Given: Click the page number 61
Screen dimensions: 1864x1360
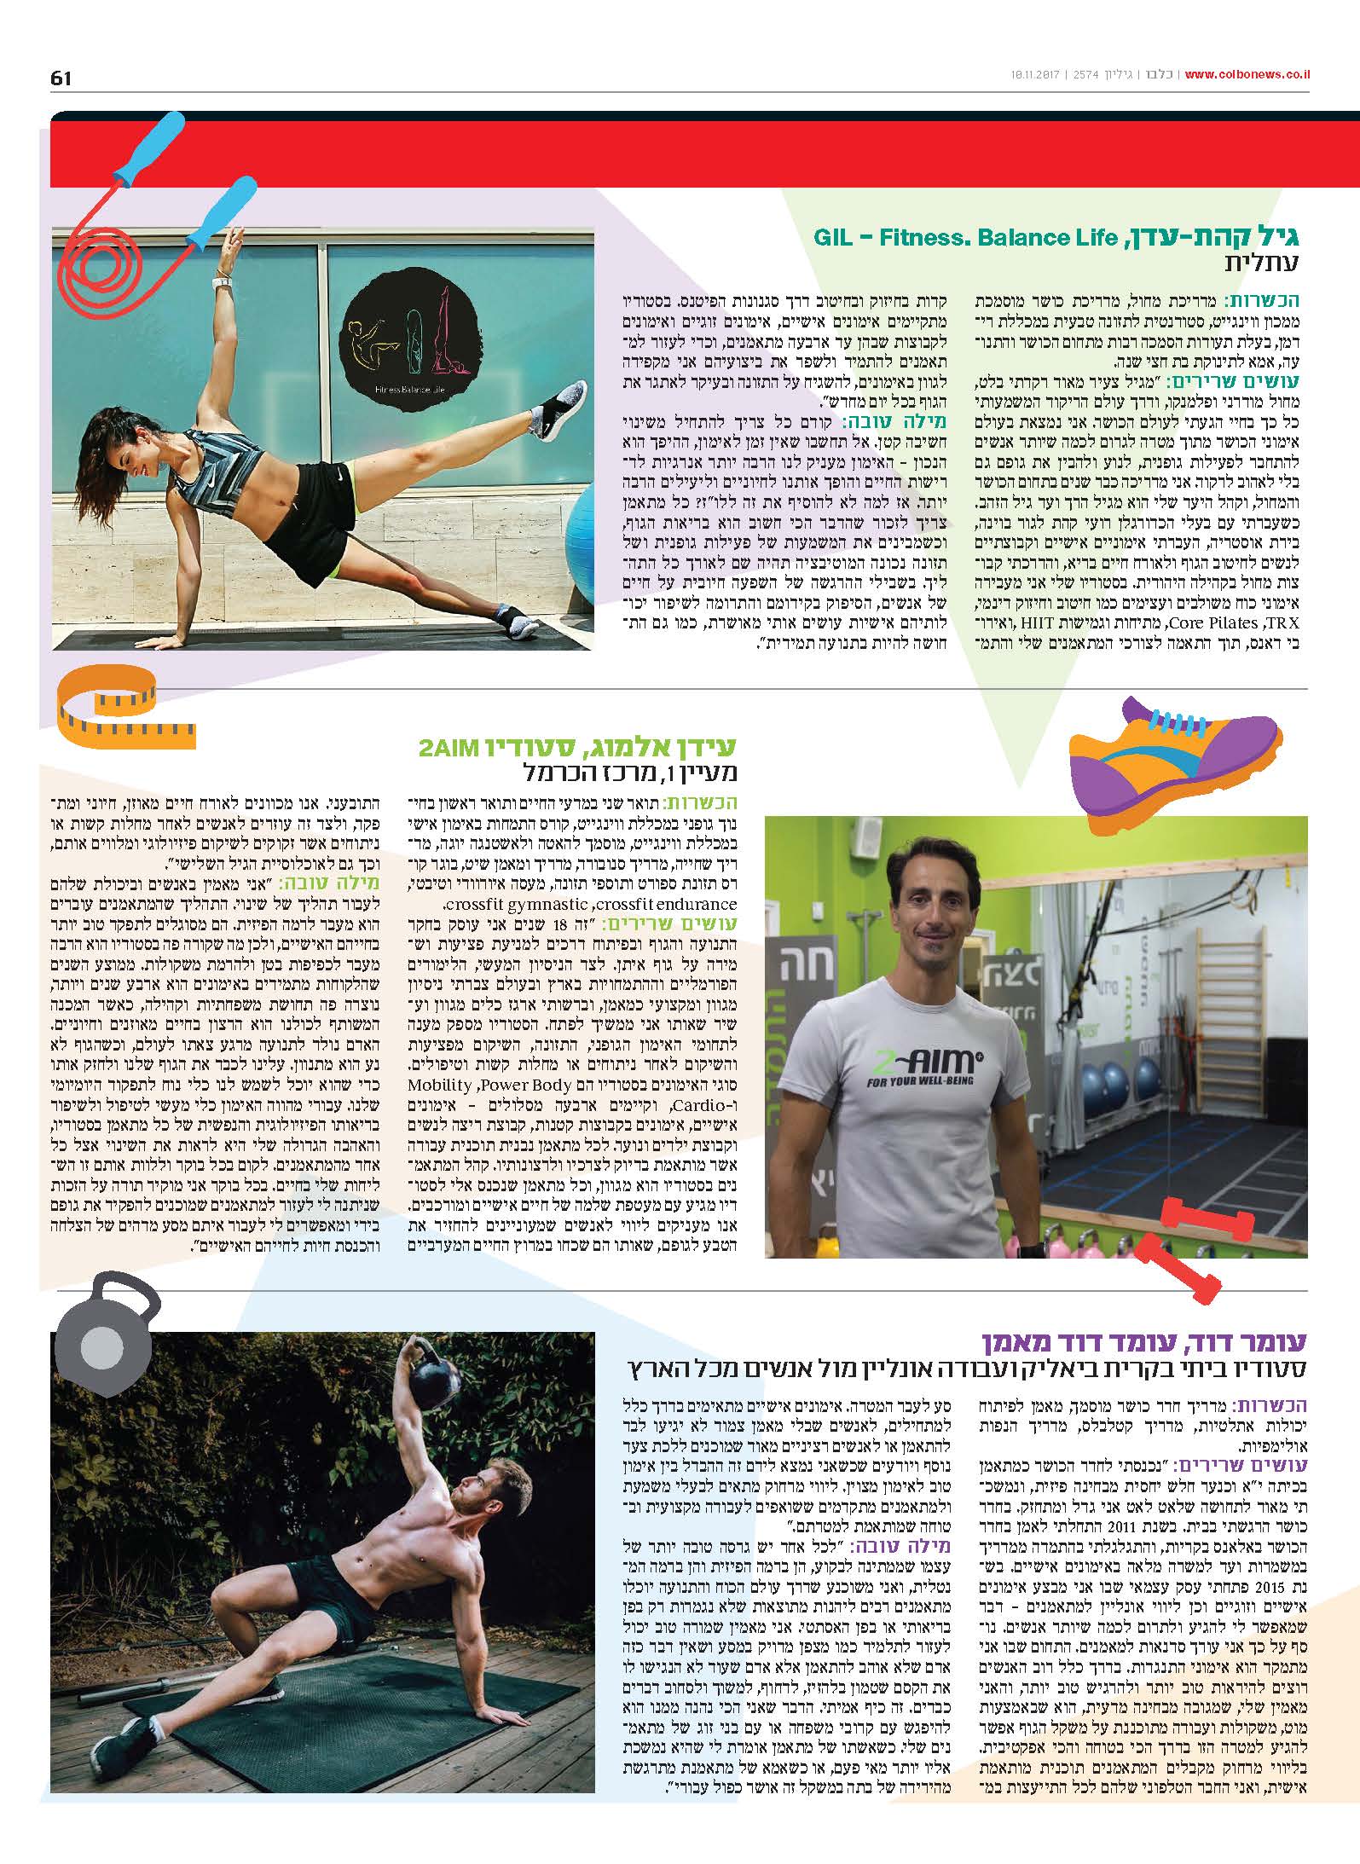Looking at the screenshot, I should pos(61,78).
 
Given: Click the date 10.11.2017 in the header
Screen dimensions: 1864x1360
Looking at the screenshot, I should pos(1029,76).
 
